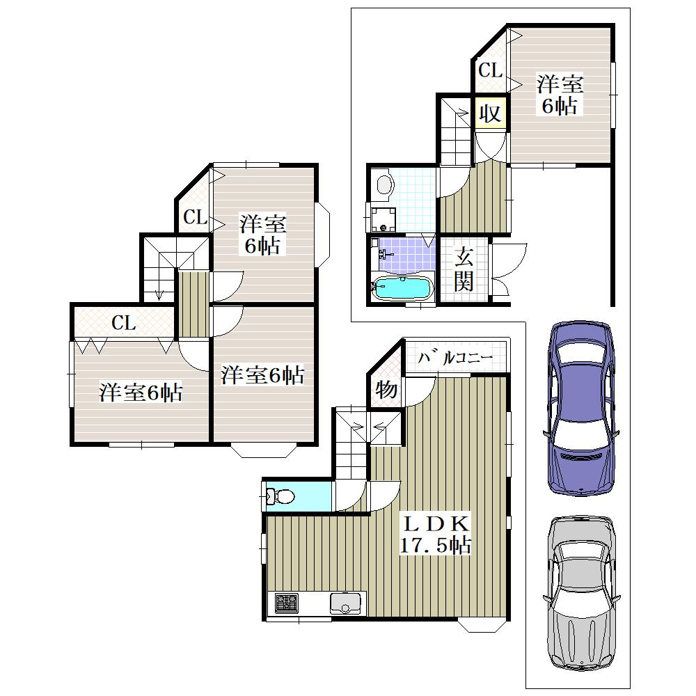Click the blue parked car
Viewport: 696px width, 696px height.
pos(580,407)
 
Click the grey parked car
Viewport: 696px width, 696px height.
pos(580,602)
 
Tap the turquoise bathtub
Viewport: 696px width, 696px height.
pos(402,289)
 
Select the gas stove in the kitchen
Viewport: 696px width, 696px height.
pos(286,603)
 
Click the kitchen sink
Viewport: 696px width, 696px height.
pos(345,603)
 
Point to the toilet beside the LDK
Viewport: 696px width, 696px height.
pos(280,496)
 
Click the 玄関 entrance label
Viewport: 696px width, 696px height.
pos(464,269)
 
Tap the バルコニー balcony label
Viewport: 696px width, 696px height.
pos(455,357)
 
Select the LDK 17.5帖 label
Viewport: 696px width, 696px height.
pos(436,535)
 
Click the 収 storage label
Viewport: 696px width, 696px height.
pos(490,113)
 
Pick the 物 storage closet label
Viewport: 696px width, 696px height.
pos(386,390)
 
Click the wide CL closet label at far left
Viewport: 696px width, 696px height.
pos(123,323)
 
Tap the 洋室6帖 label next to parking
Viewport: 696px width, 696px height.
pos(560,95)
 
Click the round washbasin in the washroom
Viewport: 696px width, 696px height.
pos(385,184)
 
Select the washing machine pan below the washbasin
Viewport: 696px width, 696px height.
pos(383,219)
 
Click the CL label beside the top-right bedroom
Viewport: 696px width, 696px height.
pos(491,70)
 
